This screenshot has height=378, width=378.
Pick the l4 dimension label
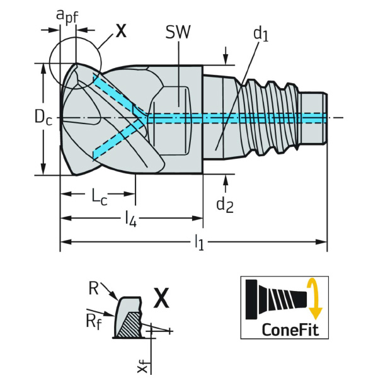(x=130, y=219)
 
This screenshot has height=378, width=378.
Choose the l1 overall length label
(x=199, y=241)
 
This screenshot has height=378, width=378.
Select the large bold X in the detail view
(x=162, y=298)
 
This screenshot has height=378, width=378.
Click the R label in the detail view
(x=93, y=289)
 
